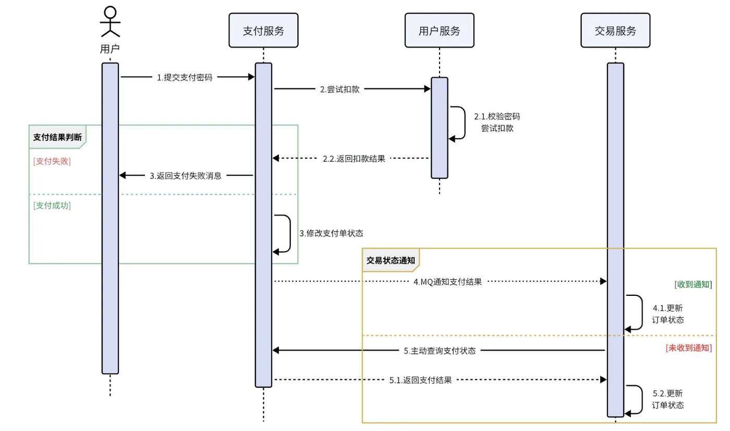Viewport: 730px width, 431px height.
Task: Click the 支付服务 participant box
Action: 263,30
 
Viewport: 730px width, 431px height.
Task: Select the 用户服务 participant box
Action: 439,30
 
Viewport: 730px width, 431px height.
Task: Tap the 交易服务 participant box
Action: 615,30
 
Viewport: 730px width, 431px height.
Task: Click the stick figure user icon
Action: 110,21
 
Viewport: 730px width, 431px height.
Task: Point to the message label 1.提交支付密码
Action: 185,77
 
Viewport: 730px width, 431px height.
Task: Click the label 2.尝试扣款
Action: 339,89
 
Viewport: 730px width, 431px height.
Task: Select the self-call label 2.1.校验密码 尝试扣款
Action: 497,122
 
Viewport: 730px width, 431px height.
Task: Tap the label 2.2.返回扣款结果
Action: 354,159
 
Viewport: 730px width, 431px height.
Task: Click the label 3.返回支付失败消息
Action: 186,176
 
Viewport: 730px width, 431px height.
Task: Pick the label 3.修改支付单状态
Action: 331,233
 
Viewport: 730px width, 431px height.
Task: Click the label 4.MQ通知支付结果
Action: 447,282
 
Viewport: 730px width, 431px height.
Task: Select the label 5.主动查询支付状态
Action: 440,351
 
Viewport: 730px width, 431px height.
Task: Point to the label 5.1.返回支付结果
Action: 420,380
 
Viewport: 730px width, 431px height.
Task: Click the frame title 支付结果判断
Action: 57,137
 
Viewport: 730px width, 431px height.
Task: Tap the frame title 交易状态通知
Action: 391,260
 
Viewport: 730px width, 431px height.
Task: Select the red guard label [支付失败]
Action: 52,161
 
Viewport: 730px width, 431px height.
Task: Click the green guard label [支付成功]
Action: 52,206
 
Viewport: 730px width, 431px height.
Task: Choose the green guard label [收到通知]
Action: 693,284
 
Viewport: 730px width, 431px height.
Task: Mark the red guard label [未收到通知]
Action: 689,348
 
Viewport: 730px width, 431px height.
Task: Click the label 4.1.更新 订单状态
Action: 667,314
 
